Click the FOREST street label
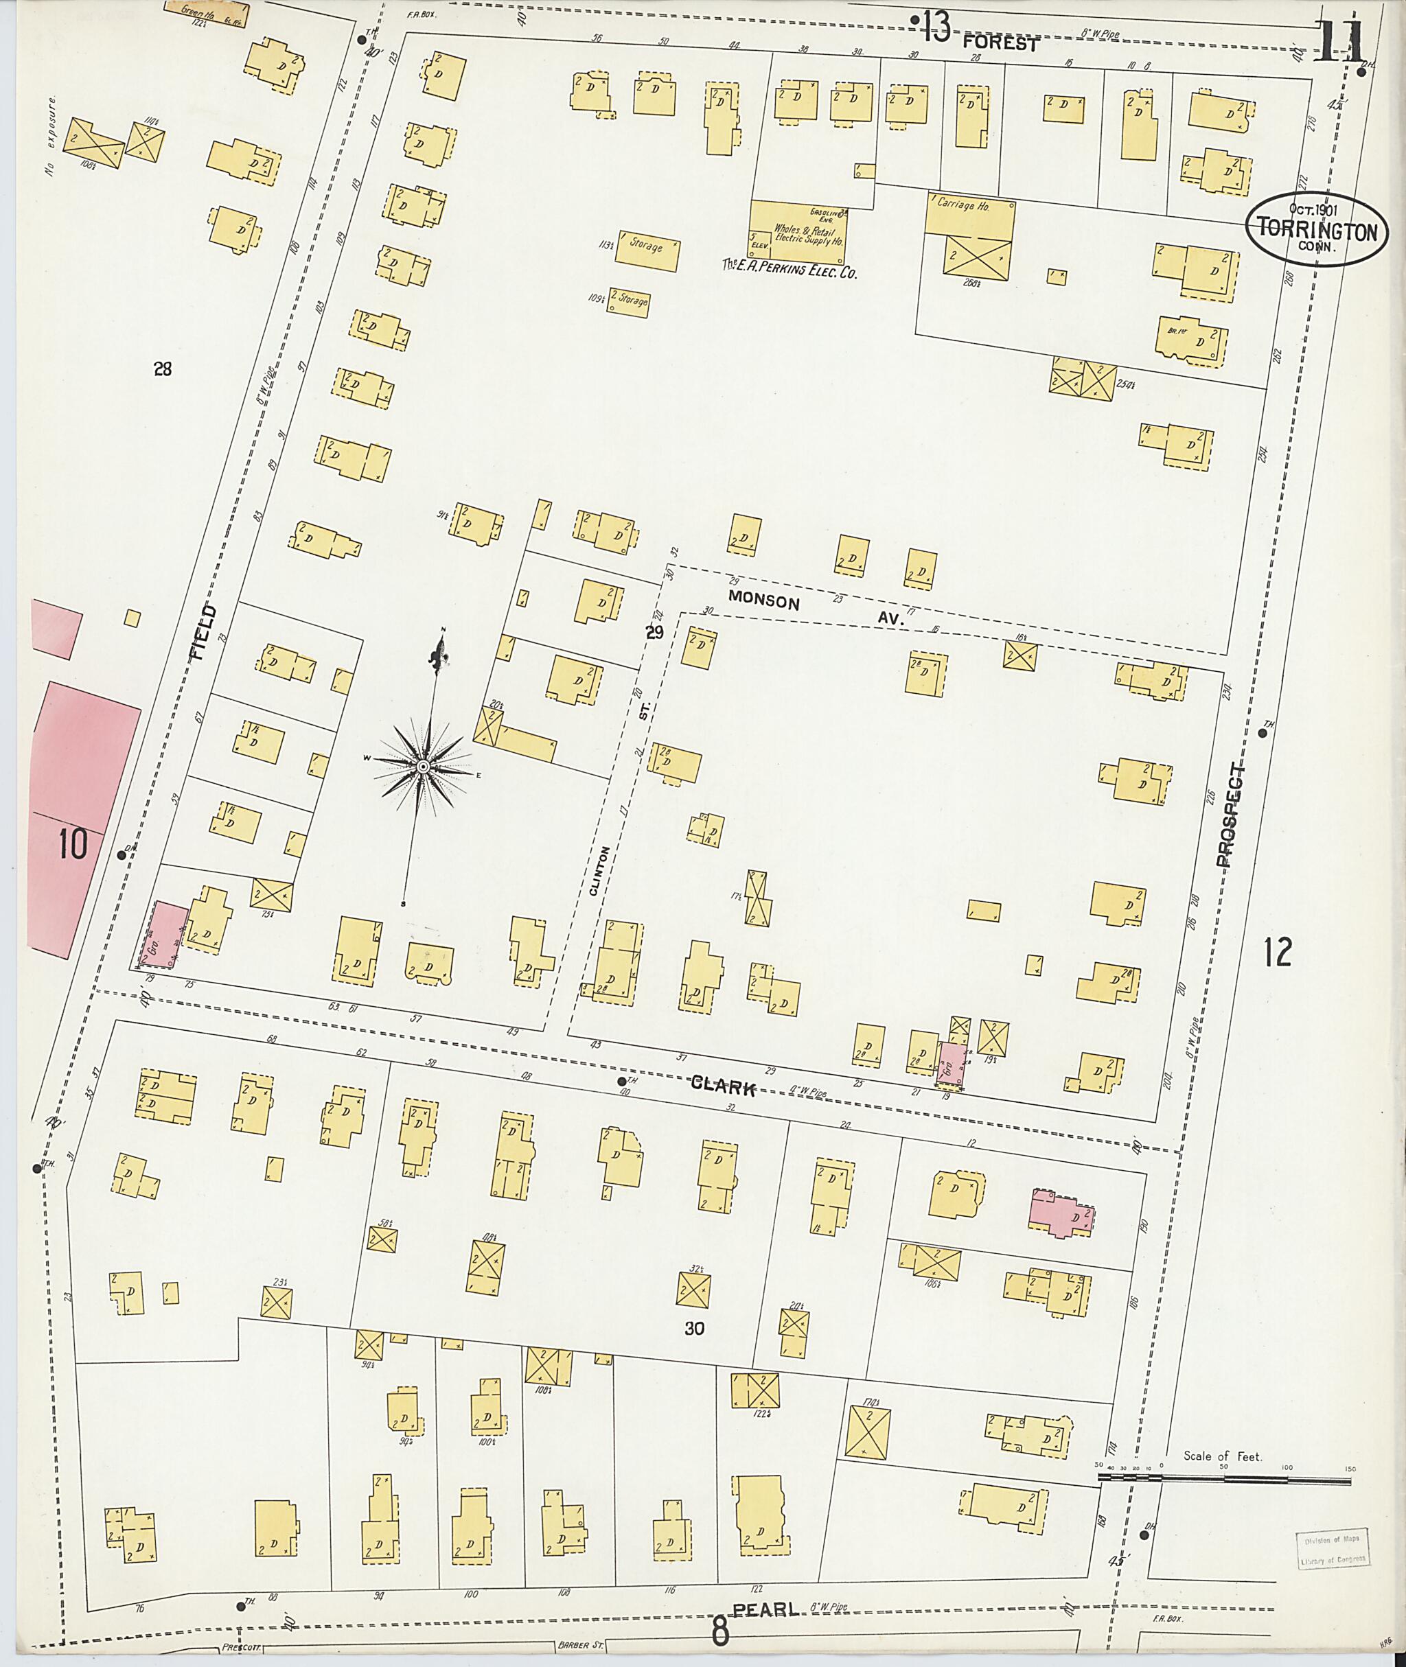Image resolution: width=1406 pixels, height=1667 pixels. (1000, 44)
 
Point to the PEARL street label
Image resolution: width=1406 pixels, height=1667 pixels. (765, 1609)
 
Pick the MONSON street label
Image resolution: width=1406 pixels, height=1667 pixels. (763, 603)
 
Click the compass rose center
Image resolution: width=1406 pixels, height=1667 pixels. (423, 767)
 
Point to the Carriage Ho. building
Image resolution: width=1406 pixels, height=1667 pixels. (969, 218)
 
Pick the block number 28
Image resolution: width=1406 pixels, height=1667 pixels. (163, 369)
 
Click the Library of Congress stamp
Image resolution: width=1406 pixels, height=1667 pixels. (1330, 1549)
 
